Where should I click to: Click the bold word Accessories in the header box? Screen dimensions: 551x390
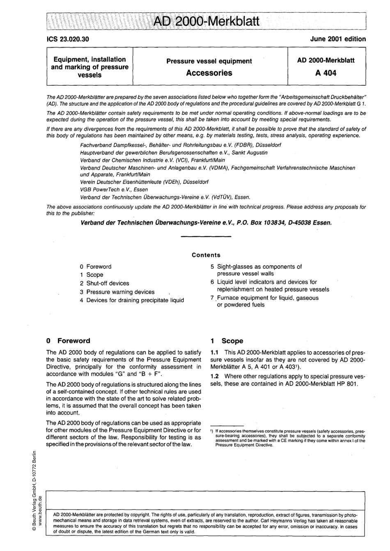pos(209,73)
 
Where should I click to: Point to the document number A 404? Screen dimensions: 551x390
pos(326,73)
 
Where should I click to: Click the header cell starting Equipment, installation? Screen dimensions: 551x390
pos(89,67)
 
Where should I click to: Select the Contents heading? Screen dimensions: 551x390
pos(206,255)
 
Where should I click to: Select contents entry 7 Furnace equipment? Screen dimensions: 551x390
pos(264,301)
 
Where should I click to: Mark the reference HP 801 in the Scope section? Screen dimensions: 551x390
pos(348,384)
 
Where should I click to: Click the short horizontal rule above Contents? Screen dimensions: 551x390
pos(206,237)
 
